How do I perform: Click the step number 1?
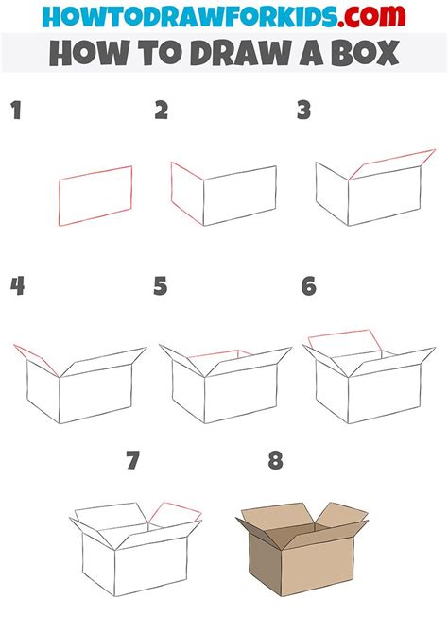16,112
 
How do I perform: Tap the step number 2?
162,111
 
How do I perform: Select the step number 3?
303,111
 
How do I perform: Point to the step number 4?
17,286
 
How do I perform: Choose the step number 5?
161,286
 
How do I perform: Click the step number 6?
308,286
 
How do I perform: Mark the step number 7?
133,461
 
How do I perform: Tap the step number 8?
275,461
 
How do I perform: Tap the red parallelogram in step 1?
95,196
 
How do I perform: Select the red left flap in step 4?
36,360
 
